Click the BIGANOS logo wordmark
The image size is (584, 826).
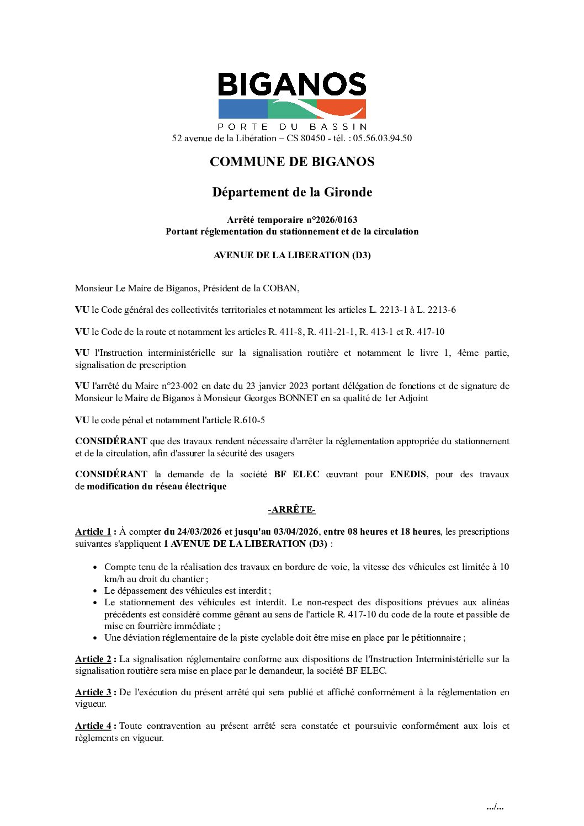(x=292, y=84)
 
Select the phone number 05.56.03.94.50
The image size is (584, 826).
(x=382, y=138)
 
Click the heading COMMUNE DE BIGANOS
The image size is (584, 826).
(x=292, y=162)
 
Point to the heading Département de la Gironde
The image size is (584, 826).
(x=292, y=192)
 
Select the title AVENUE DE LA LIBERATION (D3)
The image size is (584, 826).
(x=292, y=255)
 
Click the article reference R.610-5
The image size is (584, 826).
(x=249, y=420)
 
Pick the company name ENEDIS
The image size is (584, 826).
(x=407, y=475)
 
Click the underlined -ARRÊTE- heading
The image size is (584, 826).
(x=292, y=510)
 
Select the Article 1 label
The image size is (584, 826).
(x=93, y=532)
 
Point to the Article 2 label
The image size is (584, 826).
(x=93, y=659)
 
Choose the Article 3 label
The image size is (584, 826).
(x=93, y=692)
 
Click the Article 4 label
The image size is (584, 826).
(x=93, y=726)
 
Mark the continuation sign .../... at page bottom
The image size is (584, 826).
(x=495, y=807)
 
